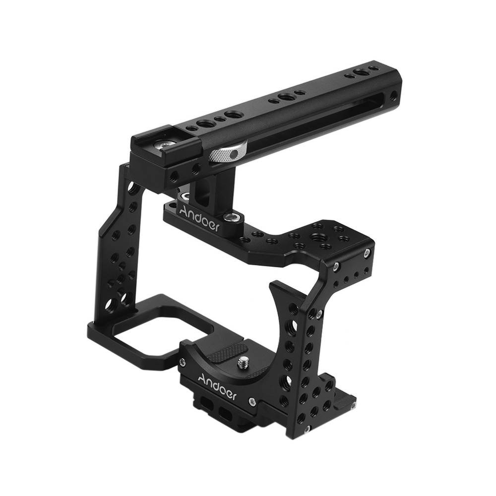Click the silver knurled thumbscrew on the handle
[228, 153]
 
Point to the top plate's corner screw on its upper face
[367, 252]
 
